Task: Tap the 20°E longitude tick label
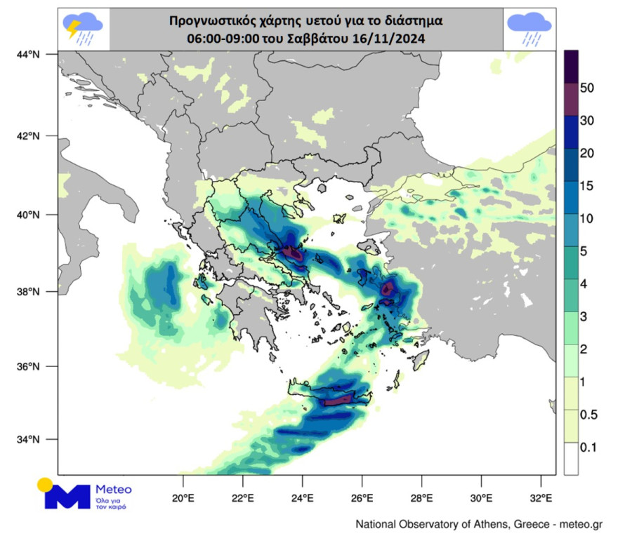183,500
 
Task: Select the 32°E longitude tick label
541,500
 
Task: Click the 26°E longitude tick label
362,500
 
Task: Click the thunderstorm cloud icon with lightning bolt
84,29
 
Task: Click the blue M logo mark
66,495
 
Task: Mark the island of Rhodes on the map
421,361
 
